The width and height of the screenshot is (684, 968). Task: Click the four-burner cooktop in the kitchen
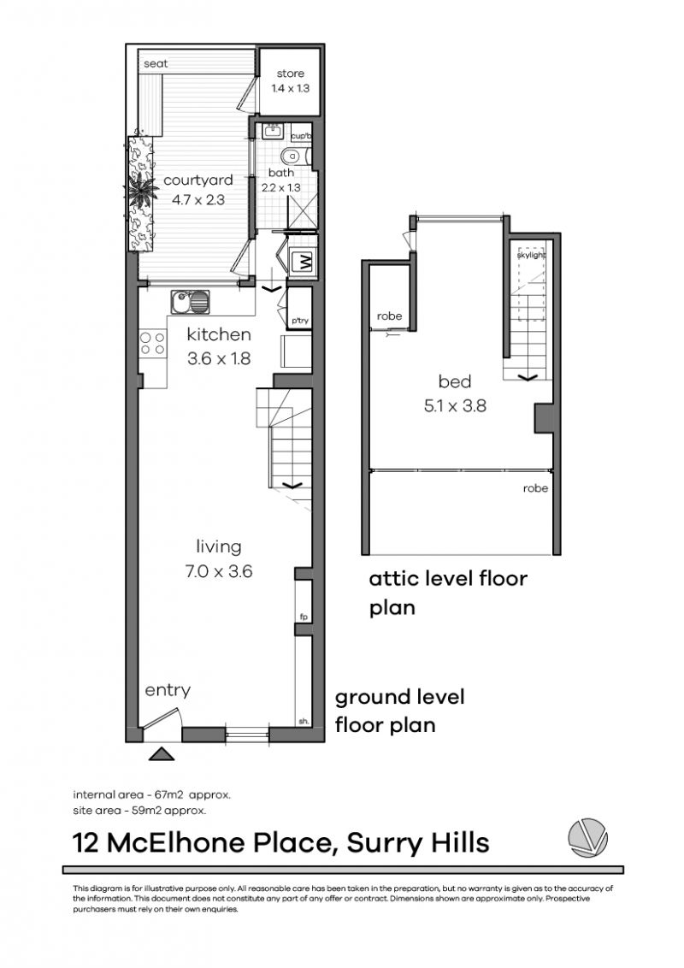coord(152,344)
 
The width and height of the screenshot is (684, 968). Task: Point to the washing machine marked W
coord(303,263)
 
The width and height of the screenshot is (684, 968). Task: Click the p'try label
coord(299,320)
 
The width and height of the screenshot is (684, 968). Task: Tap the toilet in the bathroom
coord(292,156)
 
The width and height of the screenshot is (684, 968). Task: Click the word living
coord(219,546)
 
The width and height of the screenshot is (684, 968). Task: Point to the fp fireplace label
coord(303,616)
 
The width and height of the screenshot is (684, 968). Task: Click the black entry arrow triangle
coord(162,753)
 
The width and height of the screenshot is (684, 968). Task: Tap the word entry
coord(167,690)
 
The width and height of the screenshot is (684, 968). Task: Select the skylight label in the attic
coord(531,255)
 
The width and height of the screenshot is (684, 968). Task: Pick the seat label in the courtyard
coord(155,63)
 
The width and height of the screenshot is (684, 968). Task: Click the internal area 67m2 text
coord(151,794)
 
